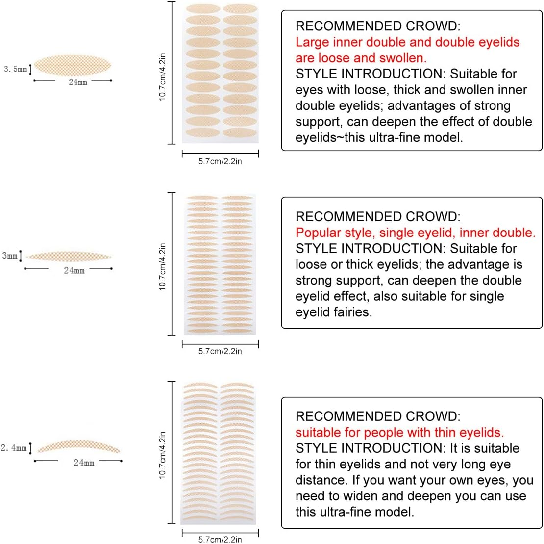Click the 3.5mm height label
pos(15,69)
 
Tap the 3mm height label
pos(10,256)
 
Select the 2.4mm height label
pos(13,448)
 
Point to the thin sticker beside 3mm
pos(69,256)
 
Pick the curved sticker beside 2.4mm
pos(78,446)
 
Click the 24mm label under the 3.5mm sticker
pos(77,82)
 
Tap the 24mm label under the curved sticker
pos(84,463)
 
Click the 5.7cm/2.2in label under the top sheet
pos(220,161)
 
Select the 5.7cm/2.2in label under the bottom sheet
pos(220,539)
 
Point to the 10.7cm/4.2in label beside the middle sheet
pos(163,267)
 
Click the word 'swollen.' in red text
pos(402,58)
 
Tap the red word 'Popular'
pos(319,233)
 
